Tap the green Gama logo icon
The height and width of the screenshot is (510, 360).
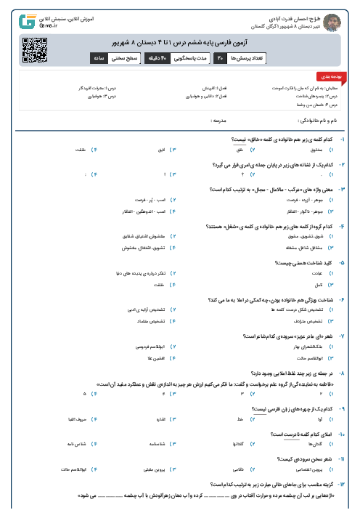30,20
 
